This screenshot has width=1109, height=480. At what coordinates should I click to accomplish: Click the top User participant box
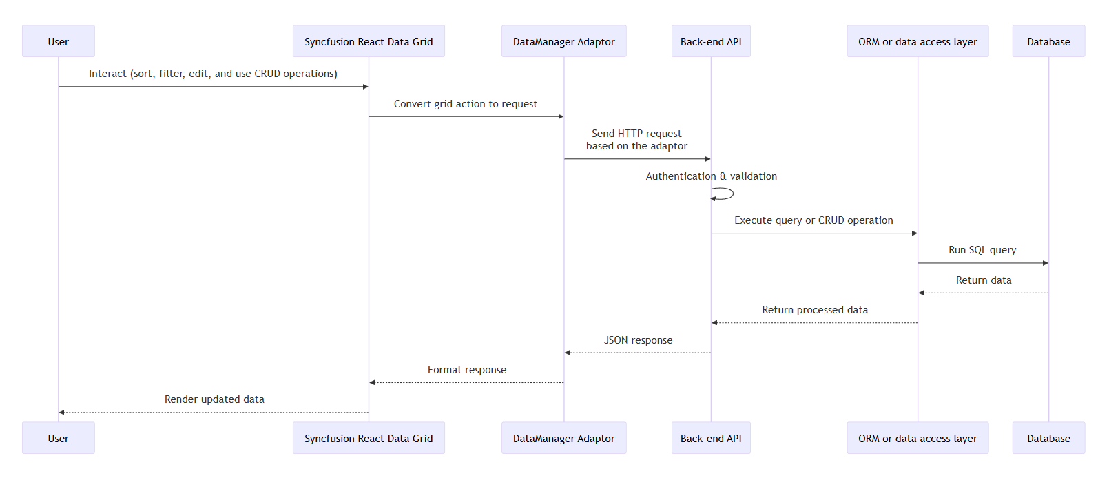click(x=58, y=41)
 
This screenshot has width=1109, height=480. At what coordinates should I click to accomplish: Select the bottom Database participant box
click(x=1048, y=438)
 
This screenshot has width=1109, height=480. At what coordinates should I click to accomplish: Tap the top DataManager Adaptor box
click(x=563, y=41)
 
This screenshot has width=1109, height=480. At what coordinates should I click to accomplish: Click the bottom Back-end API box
click(x=710, y=438)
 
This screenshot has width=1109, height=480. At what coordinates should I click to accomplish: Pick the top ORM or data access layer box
click(x=917, y=41)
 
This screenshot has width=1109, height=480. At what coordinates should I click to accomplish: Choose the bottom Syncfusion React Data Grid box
click(x=369, y=438)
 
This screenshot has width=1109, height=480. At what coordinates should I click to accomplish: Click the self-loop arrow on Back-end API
click(x=727, y=194)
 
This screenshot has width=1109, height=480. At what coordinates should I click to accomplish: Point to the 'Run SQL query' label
click(x=982, y=250)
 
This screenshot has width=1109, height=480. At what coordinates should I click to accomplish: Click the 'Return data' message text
click(x=983, y=280)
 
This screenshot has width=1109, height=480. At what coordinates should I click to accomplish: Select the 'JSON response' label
click(x=638, y=340)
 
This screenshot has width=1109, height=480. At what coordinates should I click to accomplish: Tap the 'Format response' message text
click(x=466, y=370)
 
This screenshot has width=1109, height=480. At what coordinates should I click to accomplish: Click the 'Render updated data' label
click(x=214, y=399)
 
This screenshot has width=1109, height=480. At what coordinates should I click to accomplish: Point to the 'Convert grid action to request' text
click(x=465, y=104)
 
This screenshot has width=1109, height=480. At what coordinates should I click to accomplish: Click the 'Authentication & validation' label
click(x=711, y=176)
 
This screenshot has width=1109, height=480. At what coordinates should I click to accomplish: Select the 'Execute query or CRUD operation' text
click(x=813, y=220)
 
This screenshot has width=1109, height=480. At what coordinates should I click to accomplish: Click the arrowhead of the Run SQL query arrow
click(x=1045, y=263)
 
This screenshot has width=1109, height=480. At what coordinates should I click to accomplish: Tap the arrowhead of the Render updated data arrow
click(x=62, y=413)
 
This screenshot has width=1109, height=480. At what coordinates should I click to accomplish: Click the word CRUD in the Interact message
click(x=267, y=74)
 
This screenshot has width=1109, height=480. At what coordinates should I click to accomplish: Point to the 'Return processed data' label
click(x=814, y=310)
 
